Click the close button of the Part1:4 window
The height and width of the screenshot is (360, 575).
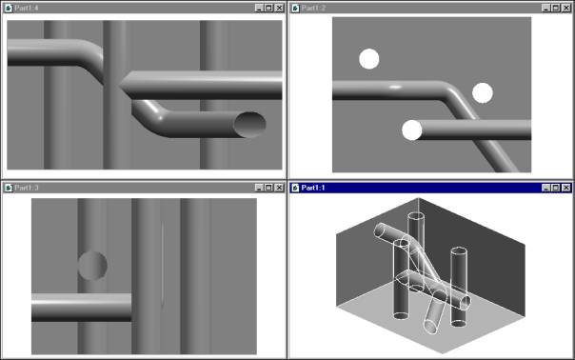[279, 8]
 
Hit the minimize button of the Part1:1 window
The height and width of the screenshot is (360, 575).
[545, 188]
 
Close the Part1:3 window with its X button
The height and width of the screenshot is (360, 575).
[279, 188]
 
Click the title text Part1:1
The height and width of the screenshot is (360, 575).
[313, 188]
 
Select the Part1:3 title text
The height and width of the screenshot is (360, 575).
[27, 188]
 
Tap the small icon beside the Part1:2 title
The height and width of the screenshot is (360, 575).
[295, 8]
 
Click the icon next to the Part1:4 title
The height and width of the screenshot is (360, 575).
[8, 8]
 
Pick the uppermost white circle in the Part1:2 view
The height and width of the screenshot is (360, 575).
[369, 59]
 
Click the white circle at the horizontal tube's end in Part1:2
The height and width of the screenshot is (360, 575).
[412, 130]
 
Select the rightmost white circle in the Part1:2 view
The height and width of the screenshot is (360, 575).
[483, 92]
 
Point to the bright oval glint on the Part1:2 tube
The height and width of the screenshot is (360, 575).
[394, 88]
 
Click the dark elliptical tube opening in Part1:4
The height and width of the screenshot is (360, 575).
[249, 125]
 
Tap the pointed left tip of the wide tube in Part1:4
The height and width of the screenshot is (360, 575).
[120, 87]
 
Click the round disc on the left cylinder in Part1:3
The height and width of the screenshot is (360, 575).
[92, 266]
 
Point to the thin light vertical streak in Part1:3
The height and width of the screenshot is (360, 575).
[162, 264]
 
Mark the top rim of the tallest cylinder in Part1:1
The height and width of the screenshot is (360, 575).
[416, 216]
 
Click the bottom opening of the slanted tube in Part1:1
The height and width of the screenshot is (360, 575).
[431, 327]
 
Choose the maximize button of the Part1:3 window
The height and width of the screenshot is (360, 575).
[268, 188]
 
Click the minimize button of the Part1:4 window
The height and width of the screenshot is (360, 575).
[259, 8]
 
